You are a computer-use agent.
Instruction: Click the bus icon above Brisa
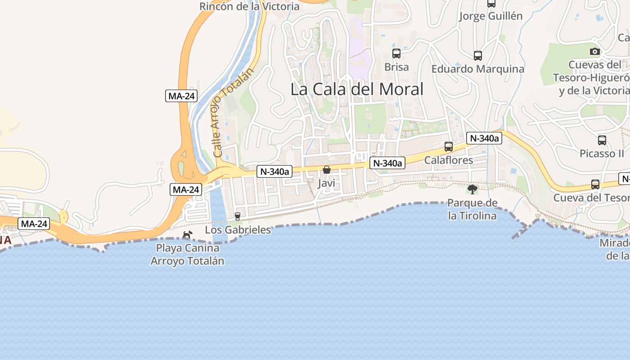click(396, 54)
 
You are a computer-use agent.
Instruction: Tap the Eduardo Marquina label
click(477, 69)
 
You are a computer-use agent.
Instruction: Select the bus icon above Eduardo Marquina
click(478, 56)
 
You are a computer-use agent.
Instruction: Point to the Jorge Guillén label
click(490, 16)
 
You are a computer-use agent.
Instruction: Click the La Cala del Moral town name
click(357, 89)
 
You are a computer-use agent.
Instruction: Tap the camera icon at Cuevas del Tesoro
click(595, 51)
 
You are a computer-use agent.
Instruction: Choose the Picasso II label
click(602, 153)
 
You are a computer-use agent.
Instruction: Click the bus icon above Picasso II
click(602, 140)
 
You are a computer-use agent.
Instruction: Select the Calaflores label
click(449, 160)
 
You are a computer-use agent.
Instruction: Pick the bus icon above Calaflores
click(449, 147)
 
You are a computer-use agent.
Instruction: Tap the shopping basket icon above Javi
click(327, 170)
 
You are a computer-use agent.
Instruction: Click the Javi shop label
click(326, 183)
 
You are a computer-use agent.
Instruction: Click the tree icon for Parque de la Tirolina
click(472, 189)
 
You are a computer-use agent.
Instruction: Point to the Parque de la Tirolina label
click(472, 209)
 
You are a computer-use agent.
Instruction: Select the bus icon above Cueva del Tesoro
click(595, 184)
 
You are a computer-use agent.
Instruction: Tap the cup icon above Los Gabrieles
click(238, 216)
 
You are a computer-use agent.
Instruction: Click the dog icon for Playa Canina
click(187, 234)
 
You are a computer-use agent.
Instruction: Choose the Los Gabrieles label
click(238, 230)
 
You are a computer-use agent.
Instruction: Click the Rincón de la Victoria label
click(249, 6)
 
